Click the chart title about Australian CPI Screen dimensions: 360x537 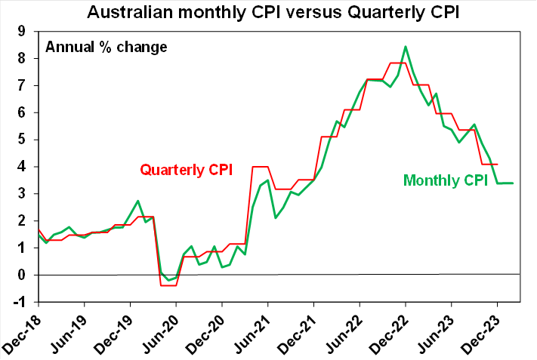(x=268, y=12)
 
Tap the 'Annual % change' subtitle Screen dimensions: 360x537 (x=106, y=46)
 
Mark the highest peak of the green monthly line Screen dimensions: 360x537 (x=406, y=47)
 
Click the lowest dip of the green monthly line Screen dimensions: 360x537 (x=168, y=280)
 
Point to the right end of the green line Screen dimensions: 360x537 (x=514, y=183)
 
